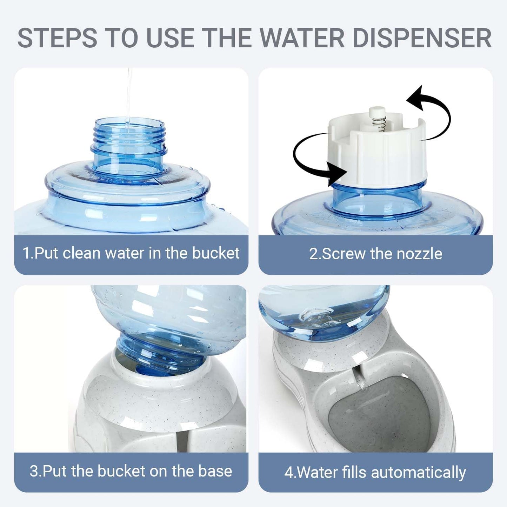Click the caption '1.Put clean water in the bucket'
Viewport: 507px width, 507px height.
pos(131,253)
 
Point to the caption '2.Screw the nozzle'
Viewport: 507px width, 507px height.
pos(375,254)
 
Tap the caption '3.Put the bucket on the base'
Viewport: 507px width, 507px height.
pos(131,471)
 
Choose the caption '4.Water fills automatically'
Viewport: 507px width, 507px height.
pos(375,472)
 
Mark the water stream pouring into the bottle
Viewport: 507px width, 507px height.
pos(129,95)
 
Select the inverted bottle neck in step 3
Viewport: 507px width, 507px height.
pos(154,351)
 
